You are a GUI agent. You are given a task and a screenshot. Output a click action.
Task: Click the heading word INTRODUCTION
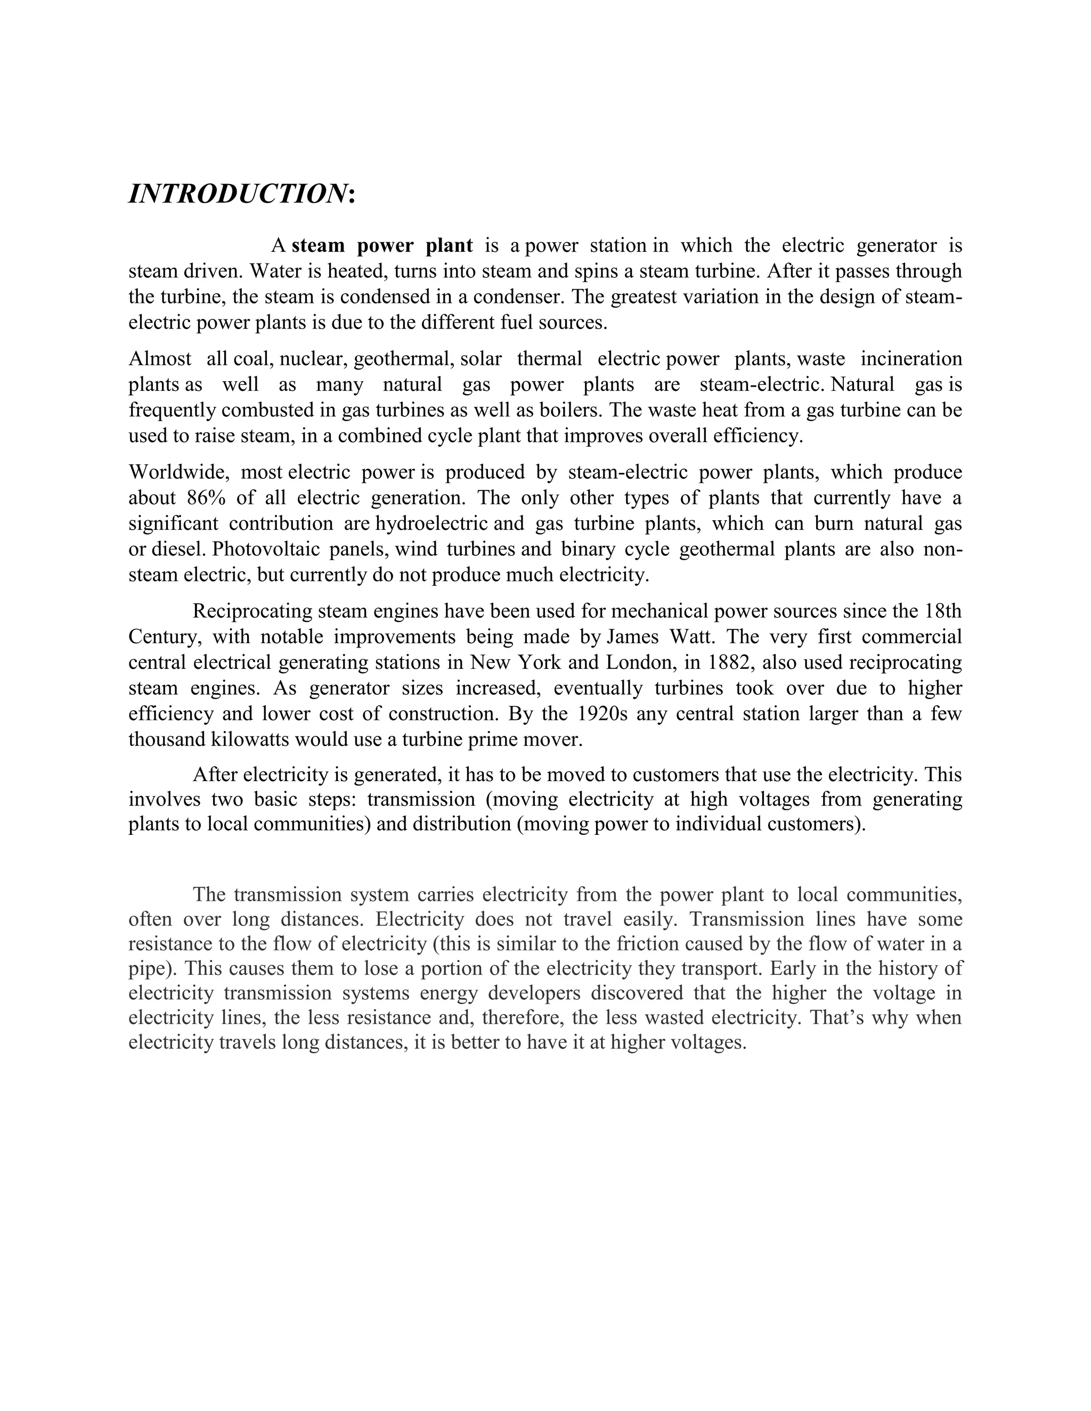click(x=237, y=194)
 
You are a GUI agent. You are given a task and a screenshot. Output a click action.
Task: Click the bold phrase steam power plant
click(x=382, y=245)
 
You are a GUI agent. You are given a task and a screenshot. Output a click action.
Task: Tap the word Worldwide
click(x=178, y=472)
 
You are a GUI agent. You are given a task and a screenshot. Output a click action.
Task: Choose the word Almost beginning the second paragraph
click(x=160, y=358)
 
